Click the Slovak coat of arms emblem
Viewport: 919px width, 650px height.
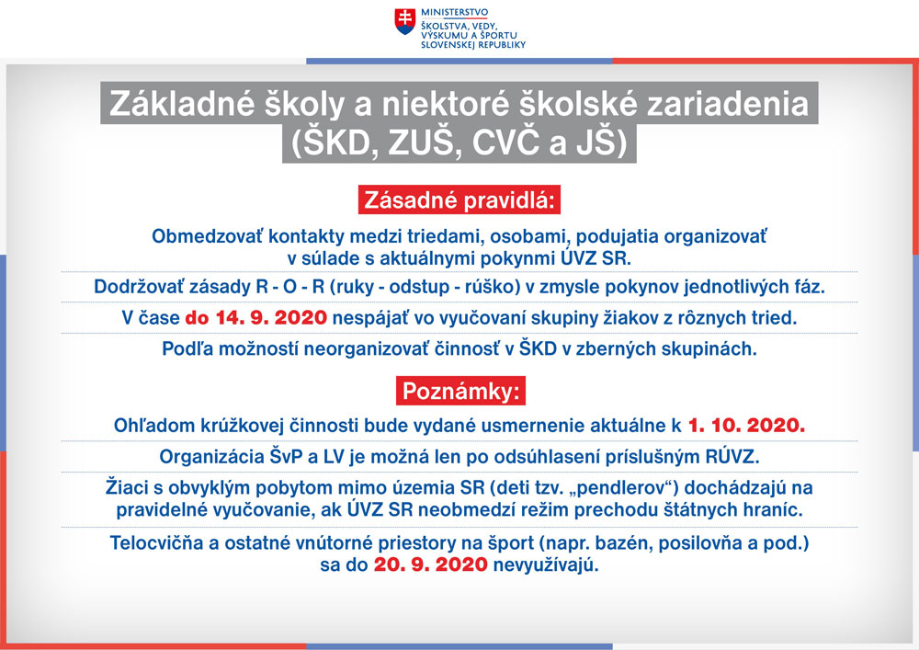point(405,21)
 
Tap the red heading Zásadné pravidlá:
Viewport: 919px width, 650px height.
point(459,200)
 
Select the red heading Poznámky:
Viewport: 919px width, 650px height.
point(460,391)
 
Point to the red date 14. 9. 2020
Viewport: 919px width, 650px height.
point(271,318)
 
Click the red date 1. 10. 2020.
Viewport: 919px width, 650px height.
point(746,426)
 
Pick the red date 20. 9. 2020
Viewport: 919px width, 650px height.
point(431,564)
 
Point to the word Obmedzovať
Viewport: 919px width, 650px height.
point(207,236)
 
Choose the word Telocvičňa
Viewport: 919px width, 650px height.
point(156,542)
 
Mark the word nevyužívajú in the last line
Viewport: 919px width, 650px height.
point(546,565)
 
